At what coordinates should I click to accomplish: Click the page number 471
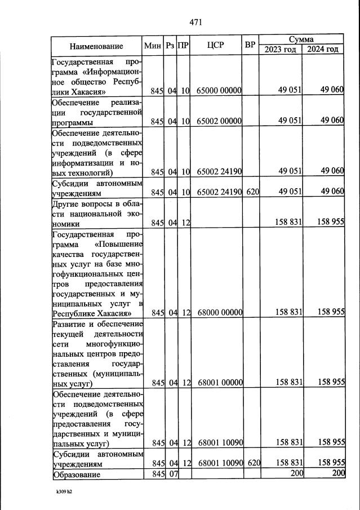click(x=195, y=23)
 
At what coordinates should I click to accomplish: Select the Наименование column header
click(x=96, y=46)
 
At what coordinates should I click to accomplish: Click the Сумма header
click(x=301, y=39)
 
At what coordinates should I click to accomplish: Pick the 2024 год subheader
click(x=323, y=50)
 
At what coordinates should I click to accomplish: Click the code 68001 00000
click(x=220, y=382)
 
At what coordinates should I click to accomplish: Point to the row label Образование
click(x=77, y=475)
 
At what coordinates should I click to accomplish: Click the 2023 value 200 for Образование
click(x=297, y=474)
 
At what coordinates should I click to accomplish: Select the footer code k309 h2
click(x=64, y=491)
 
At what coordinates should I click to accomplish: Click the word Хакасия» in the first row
click(x=91, y=91)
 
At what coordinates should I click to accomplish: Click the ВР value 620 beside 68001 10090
click(x=252, y=463)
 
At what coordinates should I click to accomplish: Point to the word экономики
click(x=70, y=224)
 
